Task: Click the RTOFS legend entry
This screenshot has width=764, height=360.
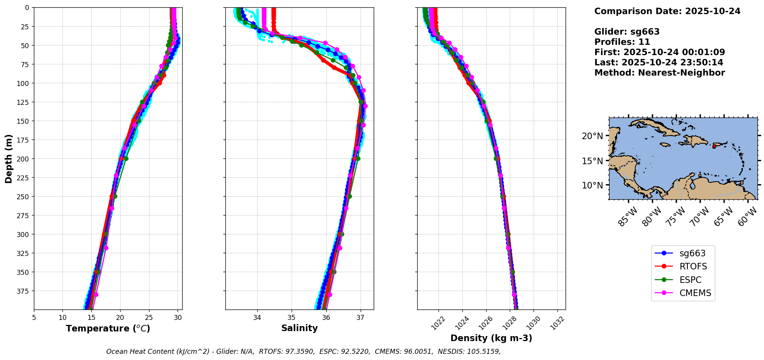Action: pos(693,267)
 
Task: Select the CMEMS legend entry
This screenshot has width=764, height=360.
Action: pos(695,293)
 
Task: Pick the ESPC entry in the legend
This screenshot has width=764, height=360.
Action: pos(690,280)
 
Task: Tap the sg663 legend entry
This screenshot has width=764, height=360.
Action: pos(692,253)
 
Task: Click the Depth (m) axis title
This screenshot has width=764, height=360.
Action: pos(9,158)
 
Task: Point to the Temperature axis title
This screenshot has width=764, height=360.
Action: pos(108,328)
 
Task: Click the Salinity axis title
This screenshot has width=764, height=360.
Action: pos(299,328)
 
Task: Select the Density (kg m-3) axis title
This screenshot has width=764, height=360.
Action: pos(491,338)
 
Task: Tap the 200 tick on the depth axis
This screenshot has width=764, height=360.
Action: pos(24,159)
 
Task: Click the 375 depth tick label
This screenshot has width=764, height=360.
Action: pos(24,291)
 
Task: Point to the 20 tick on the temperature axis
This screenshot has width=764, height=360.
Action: pos(120,318)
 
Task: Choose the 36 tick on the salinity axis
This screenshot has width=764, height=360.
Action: pos(326,318)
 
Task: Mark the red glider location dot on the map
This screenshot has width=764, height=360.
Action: pos(714,146)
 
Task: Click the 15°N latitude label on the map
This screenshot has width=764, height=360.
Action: pos(592,161)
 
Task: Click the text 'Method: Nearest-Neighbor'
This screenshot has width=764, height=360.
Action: pos(659,73)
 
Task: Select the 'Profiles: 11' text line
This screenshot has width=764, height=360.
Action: pos(622,42)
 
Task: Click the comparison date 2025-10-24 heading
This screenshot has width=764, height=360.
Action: pos(667,11)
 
